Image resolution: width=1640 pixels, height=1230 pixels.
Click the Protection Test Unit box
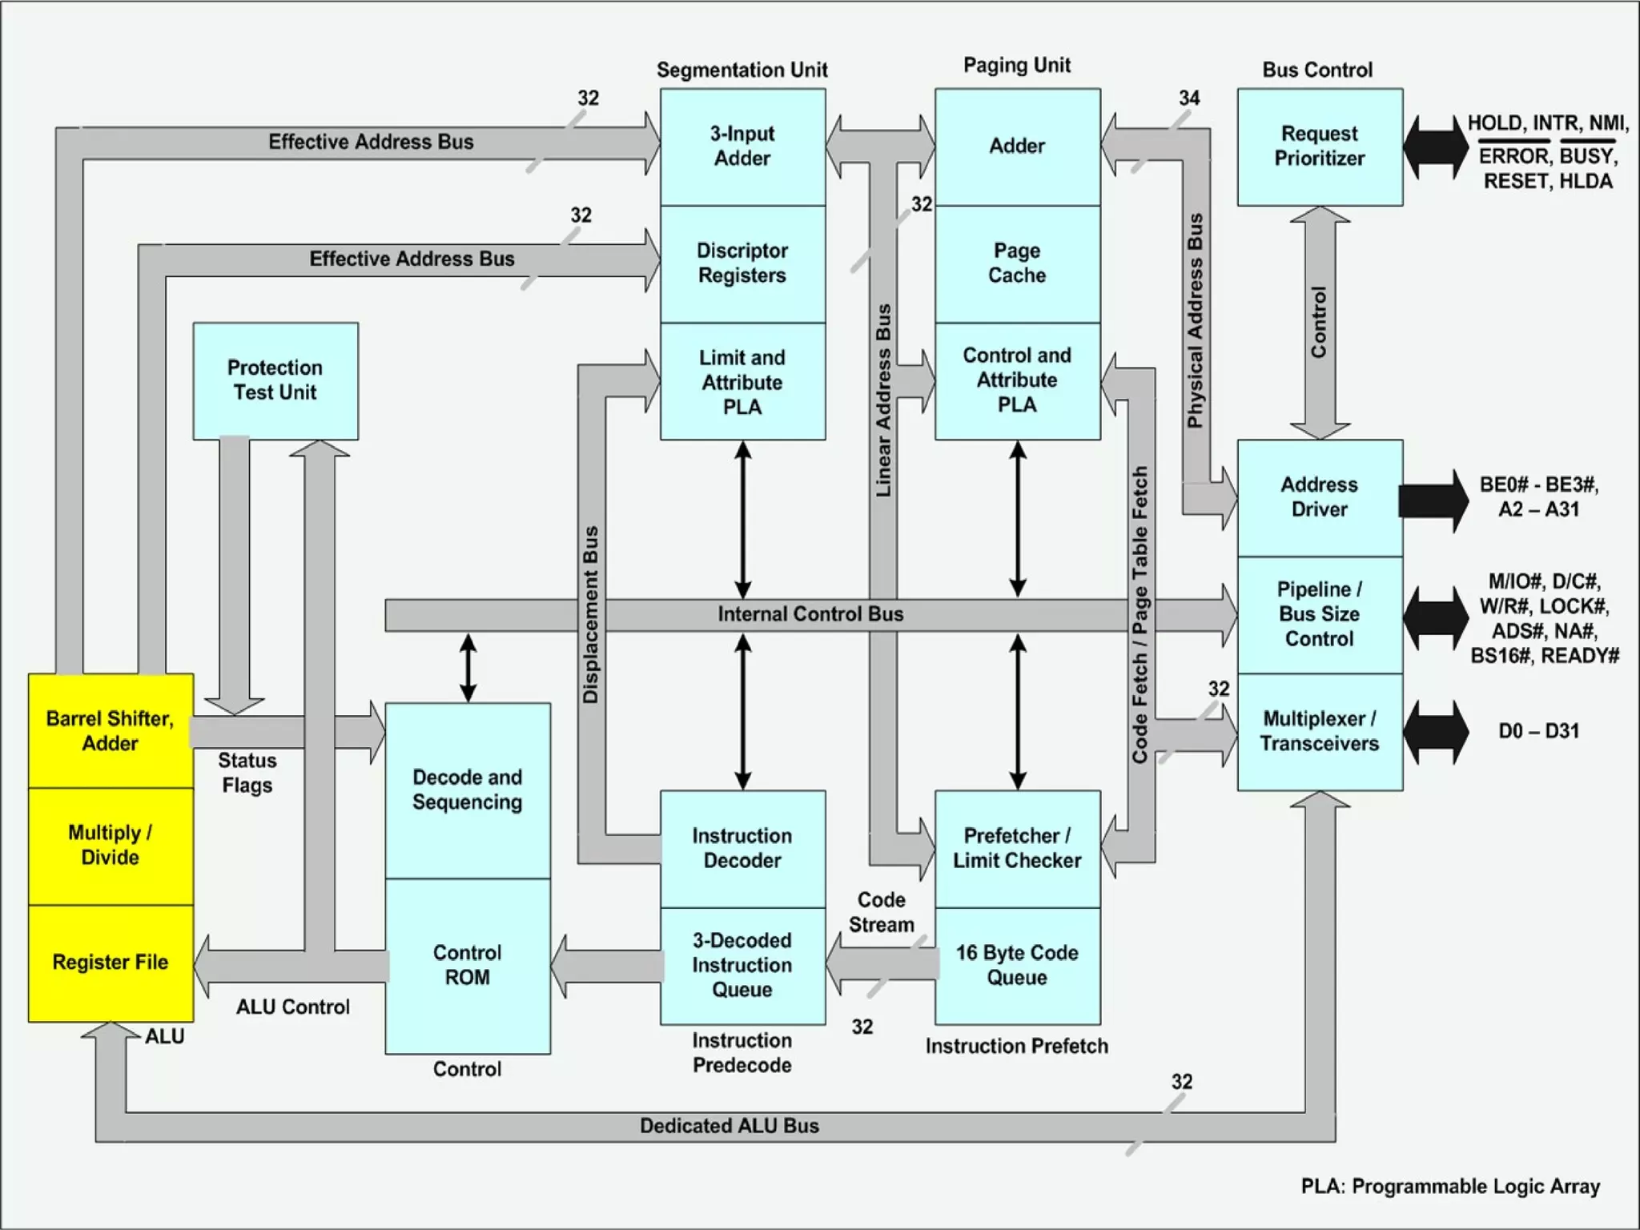point(275,380)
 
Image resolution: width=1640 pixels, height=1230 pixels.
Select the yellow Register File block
point(111,963)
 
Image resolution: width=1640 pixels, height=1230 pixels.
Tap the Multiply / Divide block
point(111,846)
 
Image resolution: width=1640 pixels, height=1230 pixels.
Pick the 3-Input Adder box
point(742,147)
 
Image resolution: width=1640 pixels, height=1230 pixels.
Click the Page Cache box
point(1017,263)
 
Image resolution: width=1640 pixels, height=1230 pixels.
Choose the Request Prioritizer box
point(1319,147)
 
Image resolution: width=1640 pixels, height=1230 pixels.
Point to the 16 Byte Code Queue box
point(1017,965)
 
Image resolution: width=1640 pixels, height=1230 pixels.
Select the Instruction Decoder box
point(742,848)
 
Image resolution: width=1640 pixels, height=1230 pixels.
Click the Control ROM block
point(468,965)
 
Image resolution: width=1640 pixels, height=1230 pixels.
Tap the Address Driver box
point(1319,497)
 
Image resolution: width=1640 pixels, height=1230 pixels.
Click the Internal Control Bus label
point(810,614)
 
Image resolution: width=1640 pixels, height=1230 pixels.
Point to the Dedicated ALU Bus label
point(729,1126)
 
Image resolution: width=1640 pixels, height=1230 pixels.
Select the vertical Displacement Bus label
point(591,615)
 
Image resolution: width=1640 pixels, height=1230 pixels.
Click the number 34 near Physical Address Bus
point(1189,98)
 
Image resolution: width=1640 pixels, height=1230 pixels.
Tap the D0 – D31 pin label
point(1538,731)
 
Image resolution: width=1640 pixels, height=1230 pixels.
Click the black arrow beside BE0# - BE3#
point(1433,500)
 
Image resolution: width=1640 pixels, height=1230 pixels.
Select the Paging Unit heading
point(1017,66)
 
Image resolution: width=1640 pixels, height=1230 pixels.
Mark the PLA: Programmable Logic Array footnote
point(1450,1186)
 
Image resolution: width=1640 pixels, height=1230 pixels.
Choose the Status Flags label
point(247,773)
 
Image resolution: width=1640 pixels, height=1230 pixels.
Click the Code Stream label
point(881,912)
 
